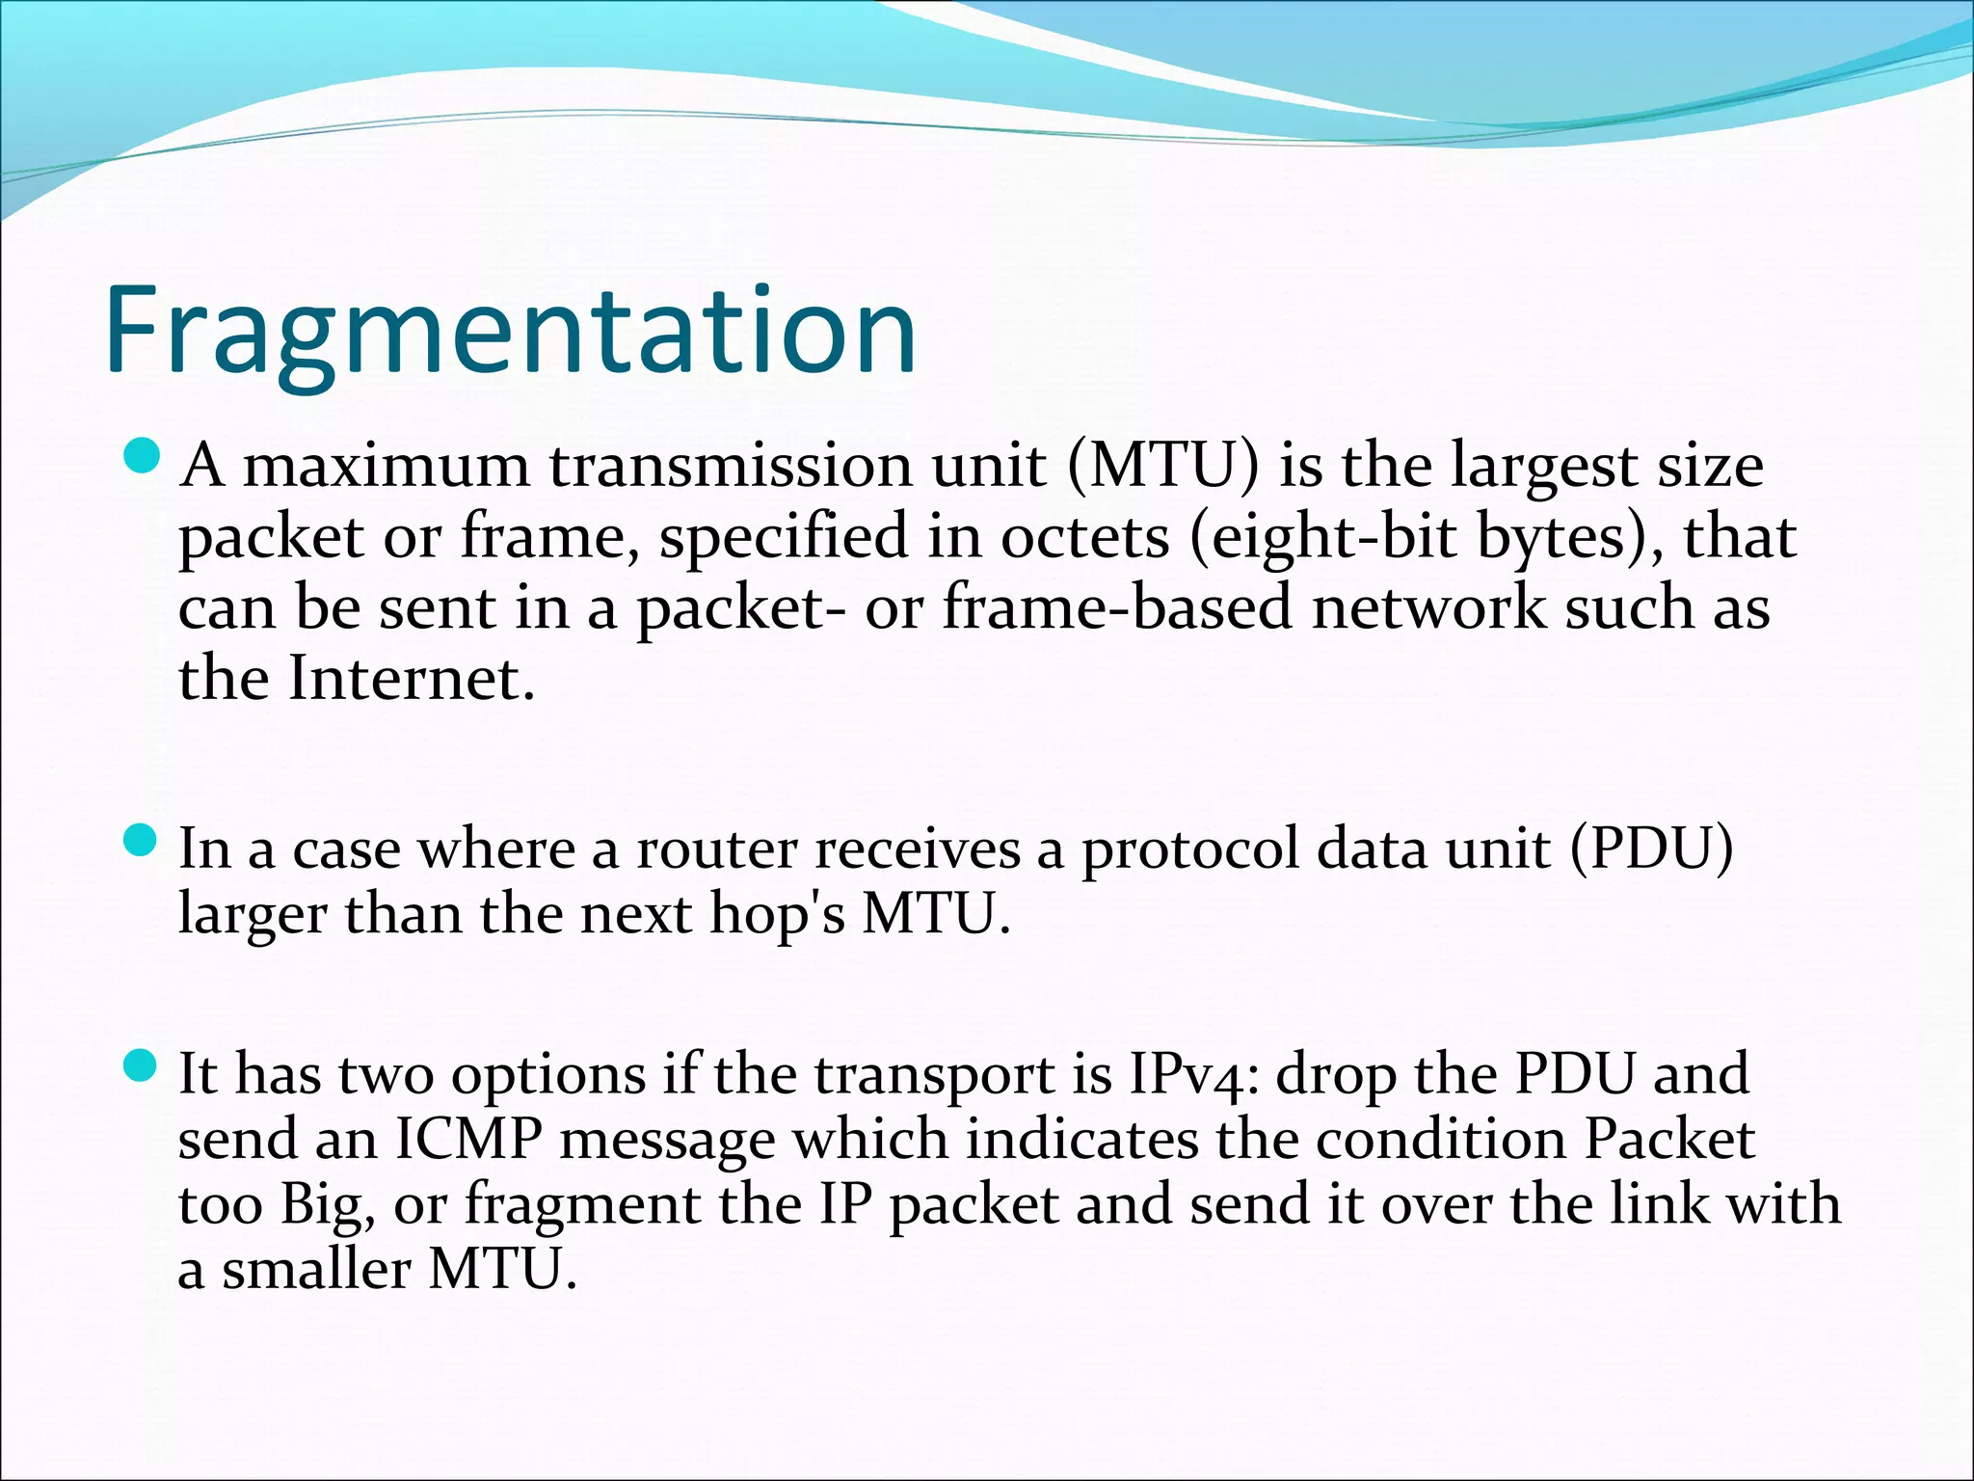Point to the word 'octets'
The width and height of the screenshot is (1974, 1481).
point(1084,538)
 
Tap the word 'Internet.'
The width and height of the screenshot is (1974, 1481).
point(412,680)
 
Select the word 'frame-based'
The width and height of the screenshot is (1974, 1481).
point(1116,609)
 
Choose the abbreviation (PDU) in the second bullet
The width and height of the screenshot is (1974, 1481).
point(1651,850)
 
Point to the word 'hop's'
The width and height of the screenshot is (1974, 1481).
point(778,914)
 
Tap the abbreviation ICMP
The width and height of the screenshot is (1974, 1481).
point(469,1141)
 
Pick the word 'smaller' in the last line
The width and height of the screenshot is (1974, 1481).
point(316,1270)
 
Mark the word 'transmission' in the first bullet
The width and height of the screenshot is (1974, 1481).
point(731,467)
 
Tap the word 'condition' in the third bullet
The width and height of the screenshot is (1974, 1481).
point(1441,1141)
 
